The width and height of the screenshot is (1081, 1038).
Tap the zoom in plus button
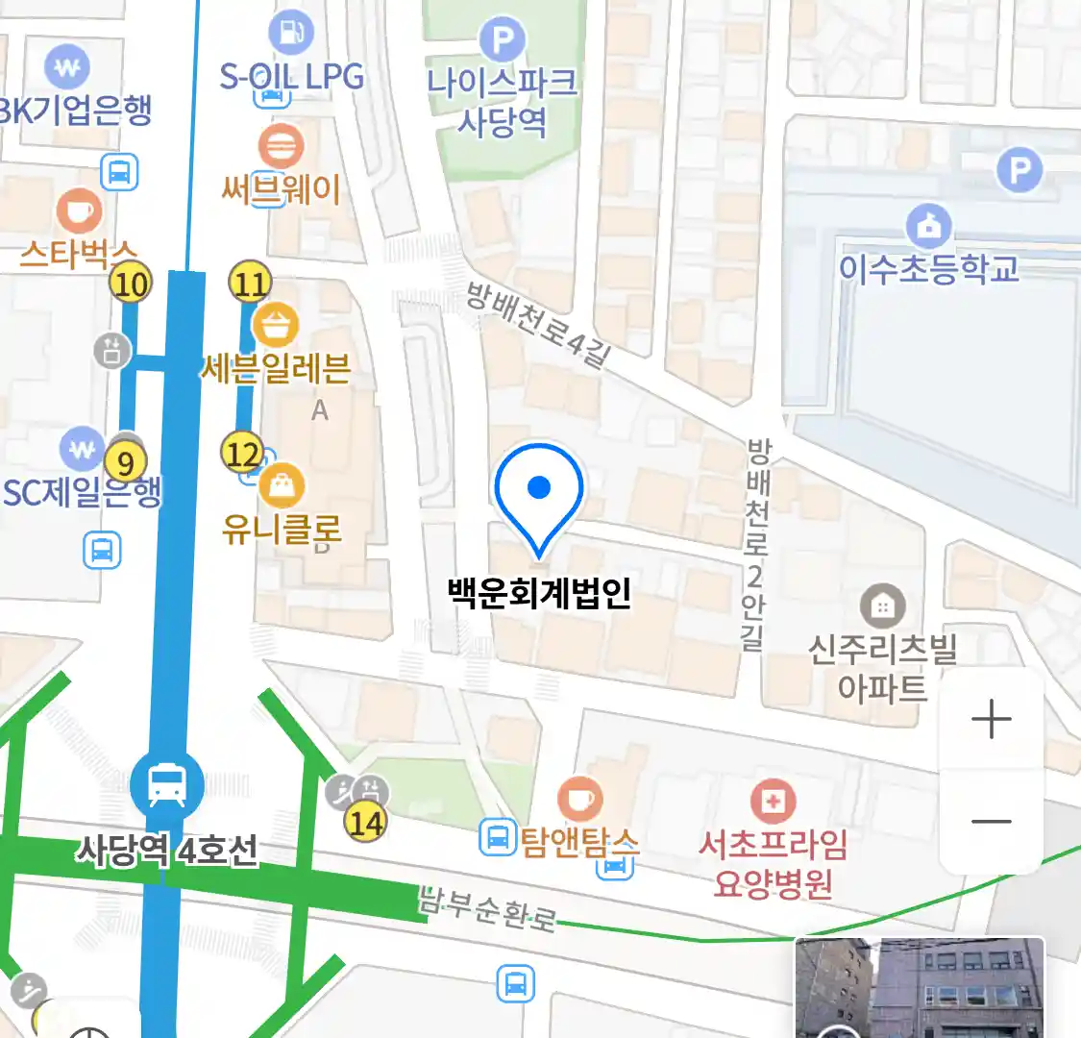coord(992,719)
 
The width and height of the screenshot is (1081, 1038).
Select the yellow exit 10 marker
coord(131,284)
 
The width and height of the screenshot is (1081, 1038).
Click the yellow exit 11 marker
coord(250,284)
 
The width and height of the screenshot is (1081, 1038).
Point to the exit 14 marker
coord(366,823)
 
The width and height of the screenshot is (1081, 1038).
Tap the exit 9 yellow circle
coord(125,463)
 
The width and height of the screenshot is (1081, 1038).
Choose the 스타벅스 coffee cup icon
coord(79,211)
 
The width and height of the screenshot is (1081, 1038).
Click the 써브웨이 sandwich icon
coord(281,147)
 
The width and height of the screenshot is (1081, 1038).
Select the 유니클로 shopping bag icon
coord(282,487)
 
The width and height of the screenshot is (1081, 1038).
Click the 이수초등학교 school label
coord(928,269)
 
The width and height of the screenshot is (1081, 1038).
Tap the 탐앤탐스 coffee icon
coord(579,800)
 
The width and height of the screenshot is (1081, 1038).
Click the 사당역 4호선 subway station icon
coord(167,786)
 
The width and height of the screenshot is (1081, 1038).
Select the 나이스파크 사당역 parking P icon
coord(502,40)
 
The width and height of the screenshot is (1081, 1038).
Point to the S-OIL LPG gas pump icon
coord(290,33)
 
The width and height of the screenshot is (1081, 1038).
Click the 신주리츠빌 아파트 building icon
coord(881,606)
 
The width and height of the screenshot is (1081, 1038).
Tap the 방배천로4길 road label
coord(538,324)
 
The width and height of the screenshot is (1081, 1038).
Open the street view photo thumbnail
coord(920,988)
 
